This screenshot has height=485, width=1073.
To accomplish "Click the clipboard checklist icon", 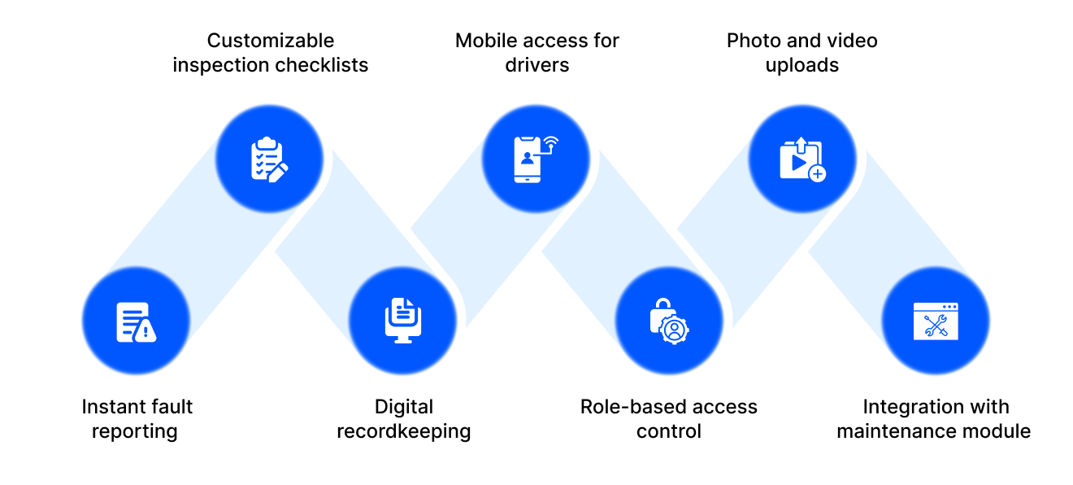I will [268, 159].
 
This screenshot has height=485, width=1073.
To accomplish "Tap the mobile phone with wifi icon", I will [535, 159].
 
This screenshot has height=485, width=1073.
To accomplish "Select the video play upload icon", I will [801, 159].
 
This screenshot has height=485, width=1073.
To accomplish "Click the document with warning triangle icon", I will [136, 321].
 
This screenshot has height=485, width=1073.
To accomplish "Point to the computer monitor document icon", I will [402, 320].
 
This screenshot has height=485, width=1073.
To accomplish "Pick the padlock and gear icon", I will [668, 321].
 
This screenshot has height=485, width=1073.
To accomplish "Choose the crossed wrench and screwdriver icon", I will [936, 321].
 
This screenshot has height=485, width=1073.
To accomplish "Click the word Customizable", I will [271, 41].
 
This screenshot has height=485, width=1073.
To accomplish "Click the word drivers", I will [537, 65].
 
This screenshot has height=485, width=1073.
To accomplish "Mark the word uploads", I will [802, 65].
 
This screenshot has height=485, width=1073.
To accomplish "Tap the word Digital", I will [404, 407].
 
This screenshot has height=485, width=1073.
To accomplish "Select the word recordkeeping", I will [404, 431].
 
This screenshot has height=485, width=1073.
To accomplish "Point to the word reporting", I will [135, 431].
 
